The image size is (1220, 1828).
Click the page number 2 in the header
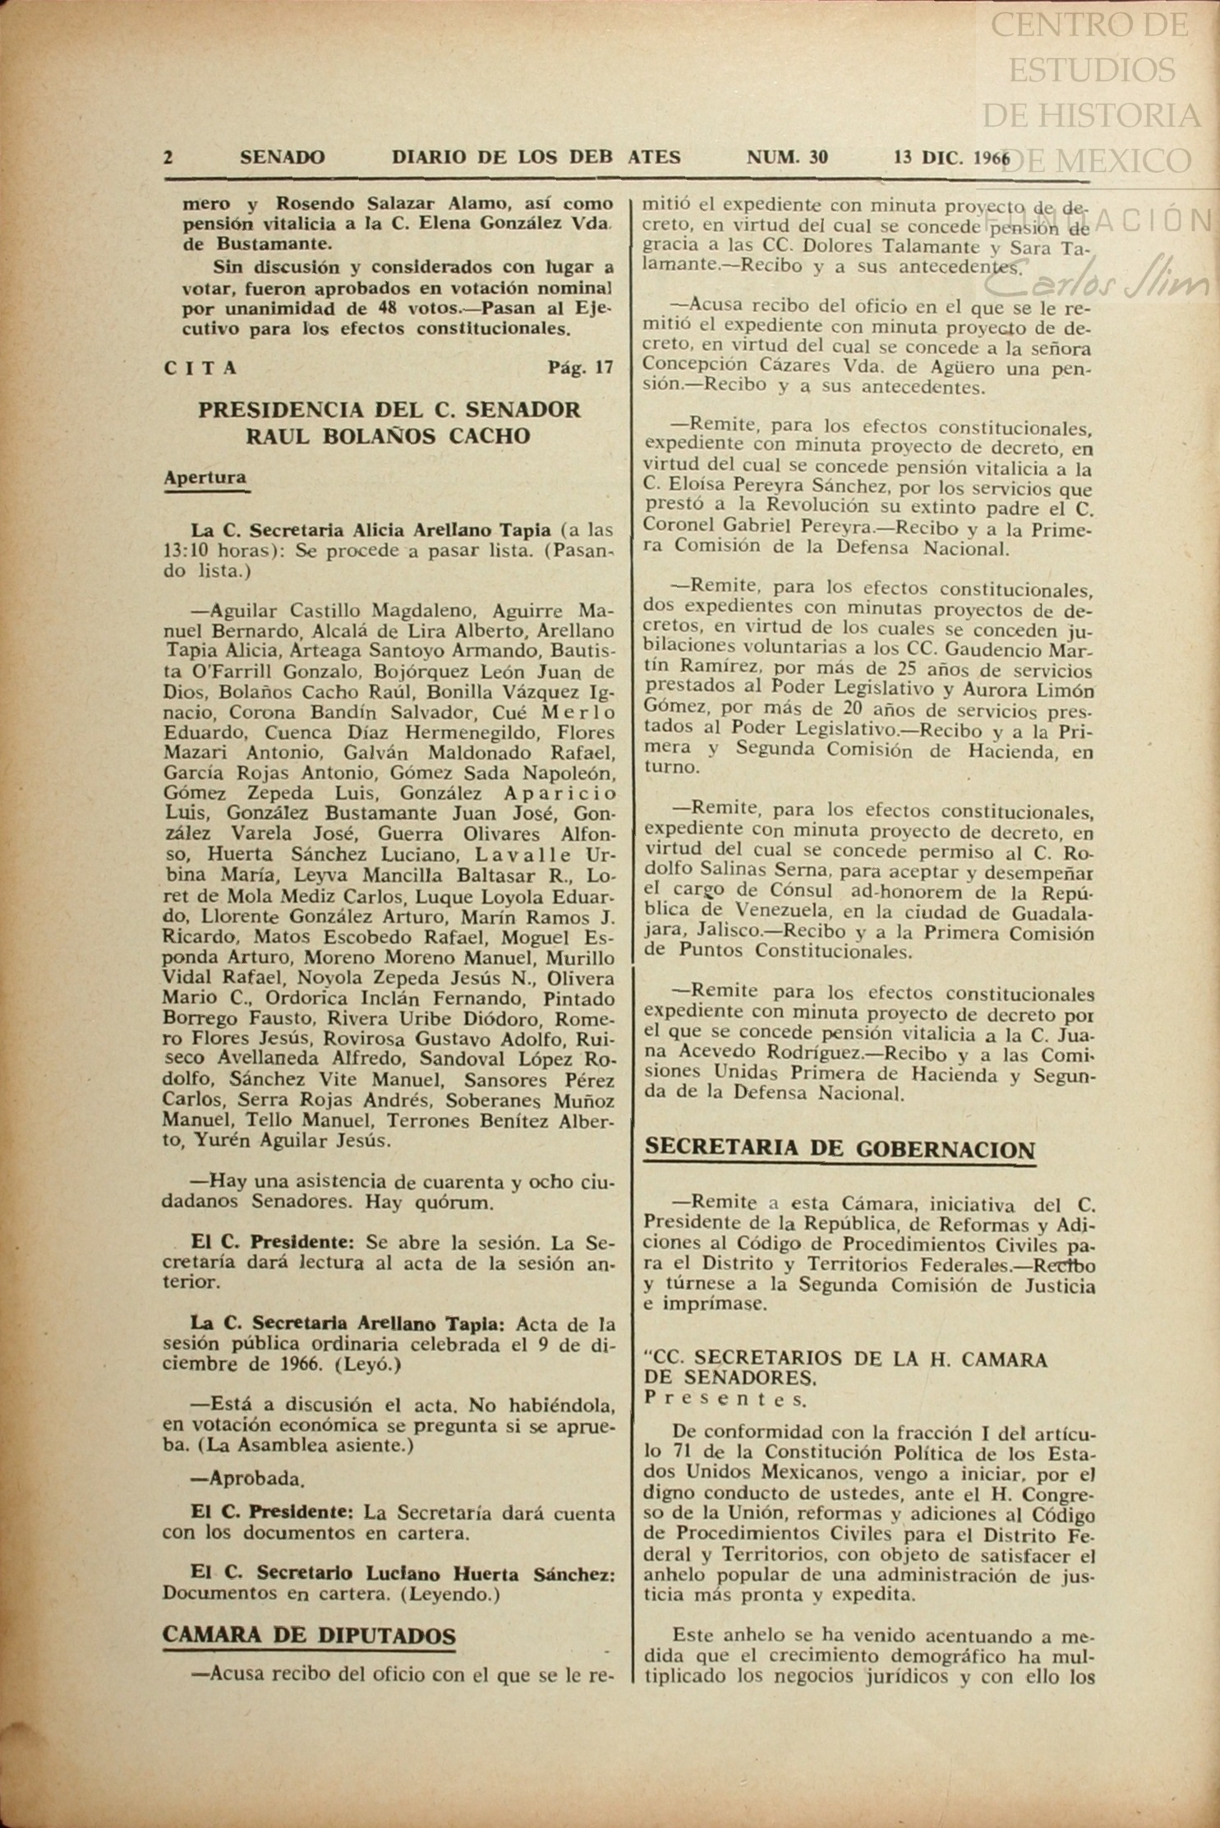coord(168,157)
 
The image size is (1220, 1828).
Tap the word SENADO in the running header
coord(282,157)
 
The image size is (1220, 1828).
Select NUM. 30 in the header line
coord(786,157)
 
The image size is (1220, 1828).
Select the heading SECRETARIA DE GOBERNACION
coord(840,1148)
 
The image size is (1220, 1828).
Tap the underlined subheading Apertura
coord(205,478)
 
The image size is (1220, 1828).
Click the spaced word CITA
coord(201,368)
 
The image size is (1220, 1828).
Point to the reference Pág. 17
coord(580,367)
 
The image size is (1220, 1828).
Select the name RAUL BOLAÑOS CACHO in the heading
coord(388,436)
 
